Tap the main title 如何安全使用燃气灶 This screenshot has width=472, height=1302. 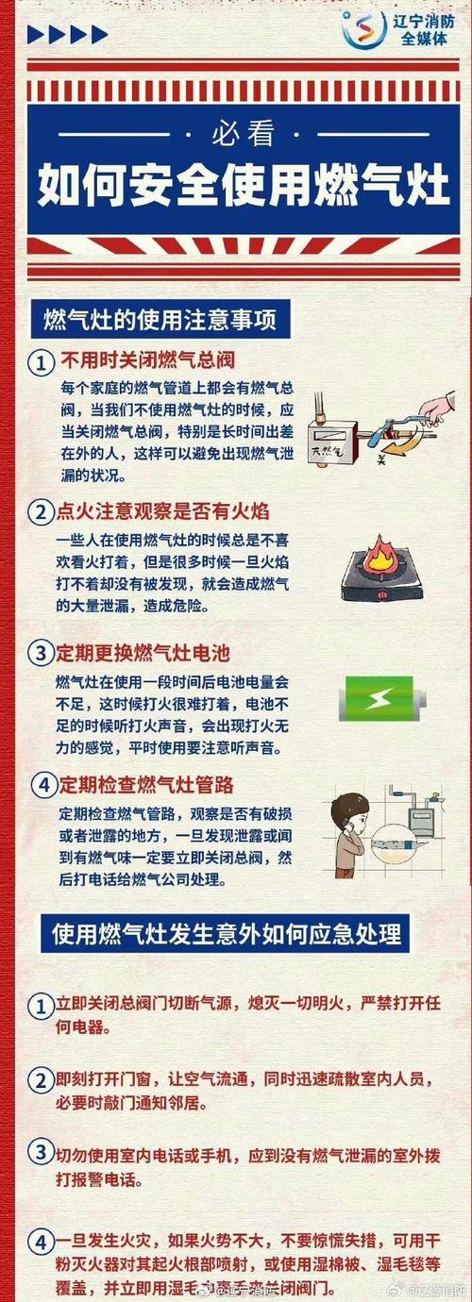coord(236,187)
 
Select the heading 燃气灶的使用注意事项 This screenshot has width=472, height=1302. coord(160,319)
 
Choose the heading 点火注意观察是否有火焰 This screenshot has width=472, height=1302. coord(165,511)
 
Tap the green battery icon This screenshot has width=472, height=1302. coord(381,700)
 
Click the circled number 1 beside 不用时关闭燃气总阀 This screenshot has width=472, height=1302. coord(40,362)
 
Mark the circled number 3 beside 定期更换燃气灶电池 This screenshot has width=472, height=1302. coord(40,653)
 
